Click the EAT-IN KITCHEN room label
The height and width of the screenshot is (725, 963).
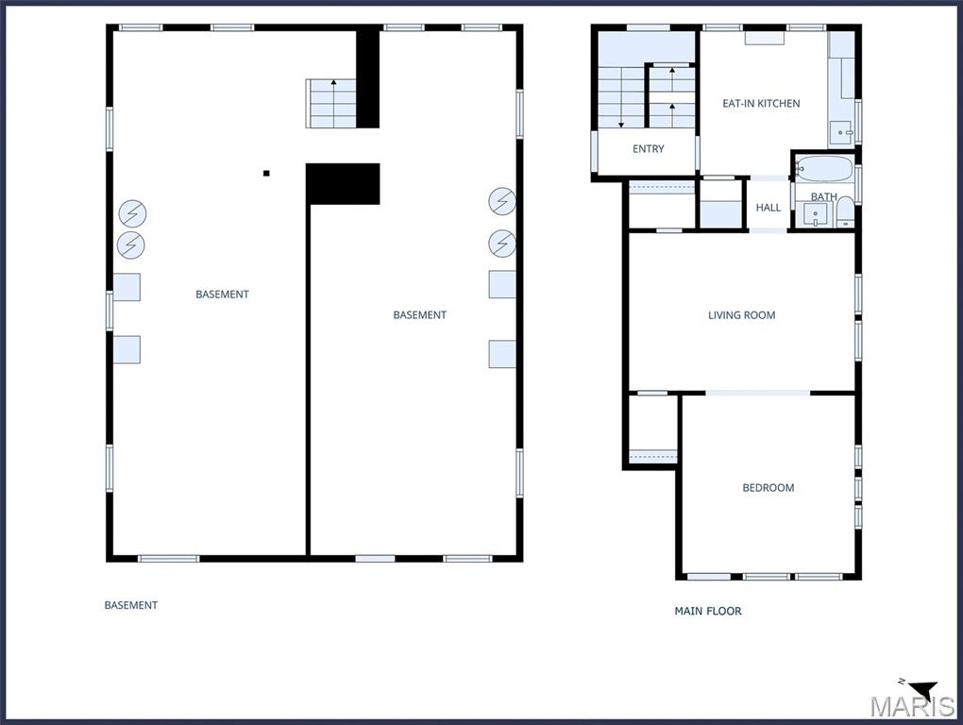click(x=761, y=104)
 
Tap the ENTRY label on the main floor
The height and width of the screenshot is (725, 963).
click(x=649, y=149)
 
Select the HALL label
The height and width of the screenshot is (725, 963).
click(x=769, y=208)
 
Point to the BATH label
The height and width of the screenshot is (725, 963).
click(x=823, y=197)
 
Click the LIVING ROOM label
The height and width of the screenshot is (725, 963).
click(x=742, y=315)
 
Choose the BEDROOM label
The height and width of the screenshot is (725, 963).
click(x=769, y=488)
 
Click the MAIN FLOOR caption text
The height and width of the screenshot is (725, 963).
click(x=708, y=612)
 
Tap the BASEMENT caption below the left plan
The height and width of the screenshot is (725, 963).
click(x=131, y=605)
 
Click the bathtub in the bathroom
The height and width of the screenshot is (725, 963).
click(x=824, y=170)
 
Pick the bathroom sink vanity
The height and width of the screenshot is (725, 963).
click(x=815, y=215)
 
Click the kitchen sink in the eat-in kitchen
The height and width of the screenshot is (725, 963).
click(x=841, y=133)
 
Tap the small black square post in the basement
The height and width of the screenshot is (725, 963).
click(x=266, y=173)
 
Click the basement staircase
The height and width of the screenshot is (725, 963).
click(x=331, y=103)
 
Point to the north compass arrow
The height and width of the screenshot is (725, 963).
click(x=922, y=689)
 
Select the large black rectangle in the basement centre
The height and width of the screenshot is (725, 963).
click(x=343, y=183)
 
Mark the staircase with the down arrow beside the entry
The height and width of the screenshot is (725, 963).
click(x=620, y=97)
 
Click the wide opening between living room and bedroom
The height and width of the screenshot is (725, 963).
click(x=758, y=393)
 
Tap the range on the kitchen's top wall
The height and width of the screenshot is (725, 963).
click(x=764, y=38)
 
